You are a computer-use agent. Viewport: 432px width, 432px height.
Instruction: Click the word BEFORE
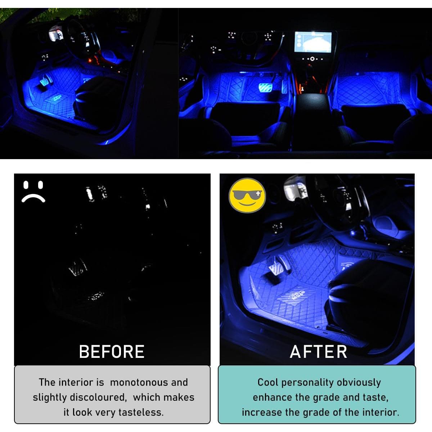point(112,352)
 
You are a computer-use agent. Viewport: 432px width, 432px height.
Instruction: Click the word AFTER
point(319,352)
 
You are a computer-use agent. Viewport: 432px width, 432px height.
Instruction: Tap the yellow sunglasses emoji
point(247,195)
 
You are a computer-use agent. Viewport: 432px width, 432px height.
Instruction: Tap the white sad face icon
point(33,192)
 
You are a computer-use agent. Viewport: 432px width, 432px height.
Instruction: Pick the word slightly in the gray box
point(49,397)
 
